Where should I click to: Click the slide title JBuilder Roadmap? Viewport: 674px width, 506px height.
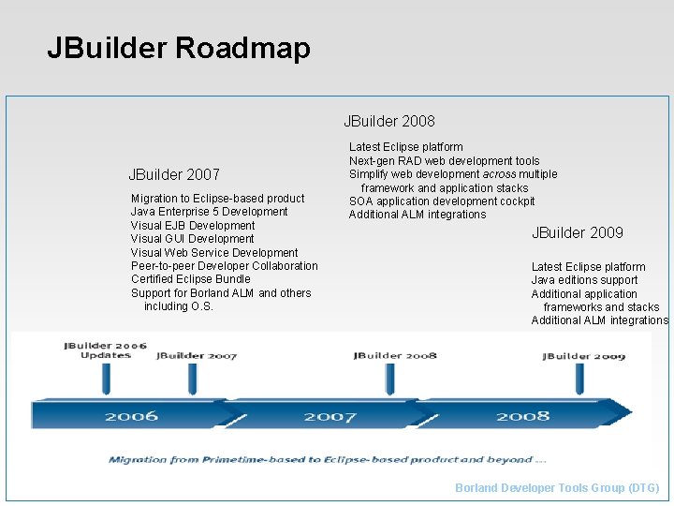(178, 48)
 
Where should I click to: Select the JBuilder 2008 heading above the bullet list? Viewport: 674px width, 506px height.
(388, 121)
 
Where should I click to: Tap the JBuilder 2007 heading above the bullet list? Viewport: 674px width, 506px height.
(174, 174)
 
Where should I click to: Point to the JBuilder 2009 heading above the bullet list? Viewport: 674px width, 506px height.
(577, 232)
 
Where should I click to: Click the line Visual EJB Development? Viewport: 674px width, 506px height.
(193, 225)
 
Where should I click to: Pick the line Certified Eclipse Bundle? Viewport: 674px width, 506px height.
(191, 279)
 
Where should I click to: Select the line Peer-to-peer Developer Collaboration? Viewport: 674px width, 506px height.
(225, 266)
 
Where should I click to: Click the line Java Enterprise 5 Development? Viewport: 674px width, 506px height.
(210, 212)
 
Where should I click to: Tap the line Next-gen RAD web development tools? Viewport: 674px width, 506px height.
(445, 161)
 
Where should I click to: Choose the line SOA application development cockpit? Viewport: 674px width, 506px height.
(442, 201)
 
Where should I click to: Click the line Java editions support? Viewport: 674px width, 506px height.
(584, 280)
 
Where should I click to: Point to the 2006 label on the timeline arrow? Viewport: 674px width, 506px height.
(131, 415)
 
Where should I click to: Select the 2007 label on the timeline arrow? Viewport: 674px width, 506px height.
(330, 415)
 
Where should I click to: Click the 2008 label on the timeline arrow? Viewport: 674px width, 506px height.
(522, 415)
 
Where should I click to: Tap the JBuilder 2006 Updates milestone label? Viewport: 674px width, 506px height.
(105, 350)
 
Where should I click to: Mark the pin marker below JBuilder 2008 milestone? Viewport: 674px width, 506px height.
(389, 378)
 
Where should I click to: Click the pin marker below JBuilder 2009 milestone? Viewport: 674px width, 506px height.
(580, 378)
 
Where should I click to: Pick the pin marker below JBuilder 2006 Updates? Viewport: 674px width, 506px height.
(106, 378)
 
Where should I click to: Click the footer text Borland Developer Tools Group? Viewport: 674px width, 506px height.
(557, 488)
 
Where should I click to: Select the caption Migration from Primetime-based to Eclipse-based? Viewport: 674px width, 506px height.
(328, 459)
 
